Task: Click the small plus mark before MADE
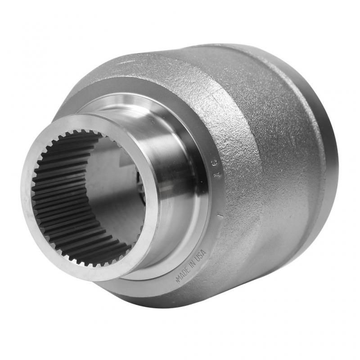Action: (x=176, y=282)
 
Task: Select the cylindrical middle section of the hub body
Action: (x=288, y=135)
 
